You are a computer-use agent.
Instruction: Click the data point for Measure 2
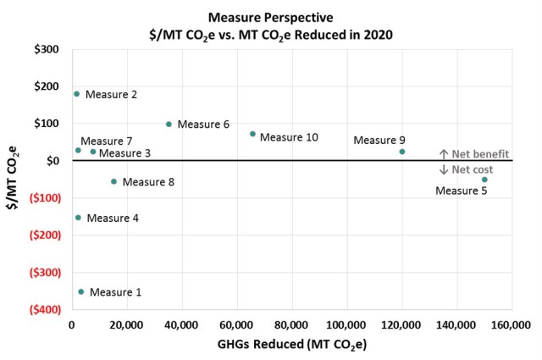pos(76,94)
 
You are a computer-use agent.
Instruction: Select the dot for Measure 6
pos(169,124)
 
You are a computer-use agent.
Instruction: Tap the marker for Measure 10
pos(252,134)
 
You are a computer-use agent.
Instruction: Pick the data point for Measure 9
pos(402,152)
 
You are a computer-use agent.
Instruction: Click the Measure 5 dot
pos(484,180)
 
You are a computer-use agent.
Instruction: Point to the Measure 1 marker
pos(81,291)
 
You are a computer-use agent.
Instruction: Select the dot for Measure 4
pos(78,218)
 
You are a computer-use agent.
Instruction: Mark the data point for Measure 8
pos(113,181)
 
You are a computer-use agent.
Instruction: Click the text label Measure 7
pos(107,141)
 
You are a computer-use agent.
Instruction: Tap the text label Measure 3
pos(124,153)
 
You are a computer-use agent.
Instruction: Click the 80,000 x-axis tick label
pos(291,325)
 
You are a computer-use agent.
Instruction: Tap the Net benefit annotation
pos(474,154)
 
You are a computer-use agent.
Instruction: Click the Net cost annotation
pos(467,169)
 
